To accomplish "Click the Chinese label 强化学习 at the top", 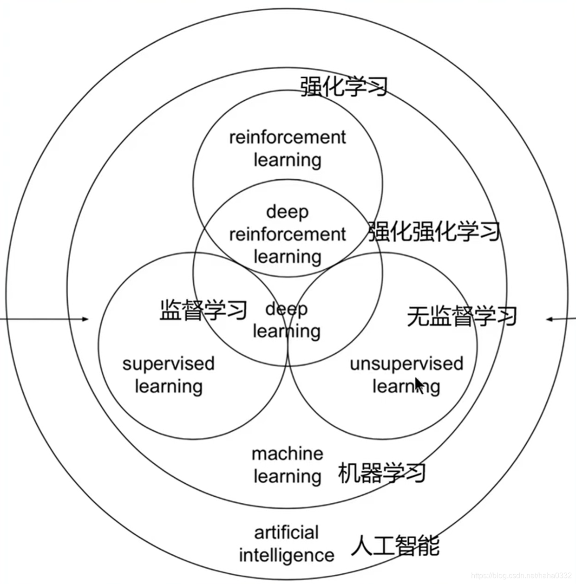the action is tap(344, 86).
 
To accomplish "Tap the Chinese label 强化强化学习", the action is tap(434, 232).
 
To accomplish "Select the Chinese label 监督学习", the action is tap(203, 310).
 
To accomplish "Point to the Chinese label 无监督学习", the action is tap(462, 316).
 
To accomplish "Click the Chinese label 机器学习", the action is tap(381, 473).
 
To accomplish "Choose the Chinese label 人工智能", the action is tap(395, 546).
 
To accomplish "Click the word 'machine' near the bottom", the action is tap(288, 454).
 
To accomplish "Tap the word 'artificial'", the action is tap(286, 532).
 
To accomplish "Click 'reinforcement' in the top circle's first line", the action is tap(287, 137).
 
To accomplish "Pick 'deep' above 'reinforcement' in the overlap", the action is tap(287, 212).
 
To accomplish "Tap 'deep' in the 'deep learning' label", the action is tap(286, 310).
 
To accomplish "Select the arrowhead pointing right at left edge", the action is tap(85, 319).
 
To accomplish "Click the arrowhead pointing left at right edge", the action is tap(550, 319).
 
